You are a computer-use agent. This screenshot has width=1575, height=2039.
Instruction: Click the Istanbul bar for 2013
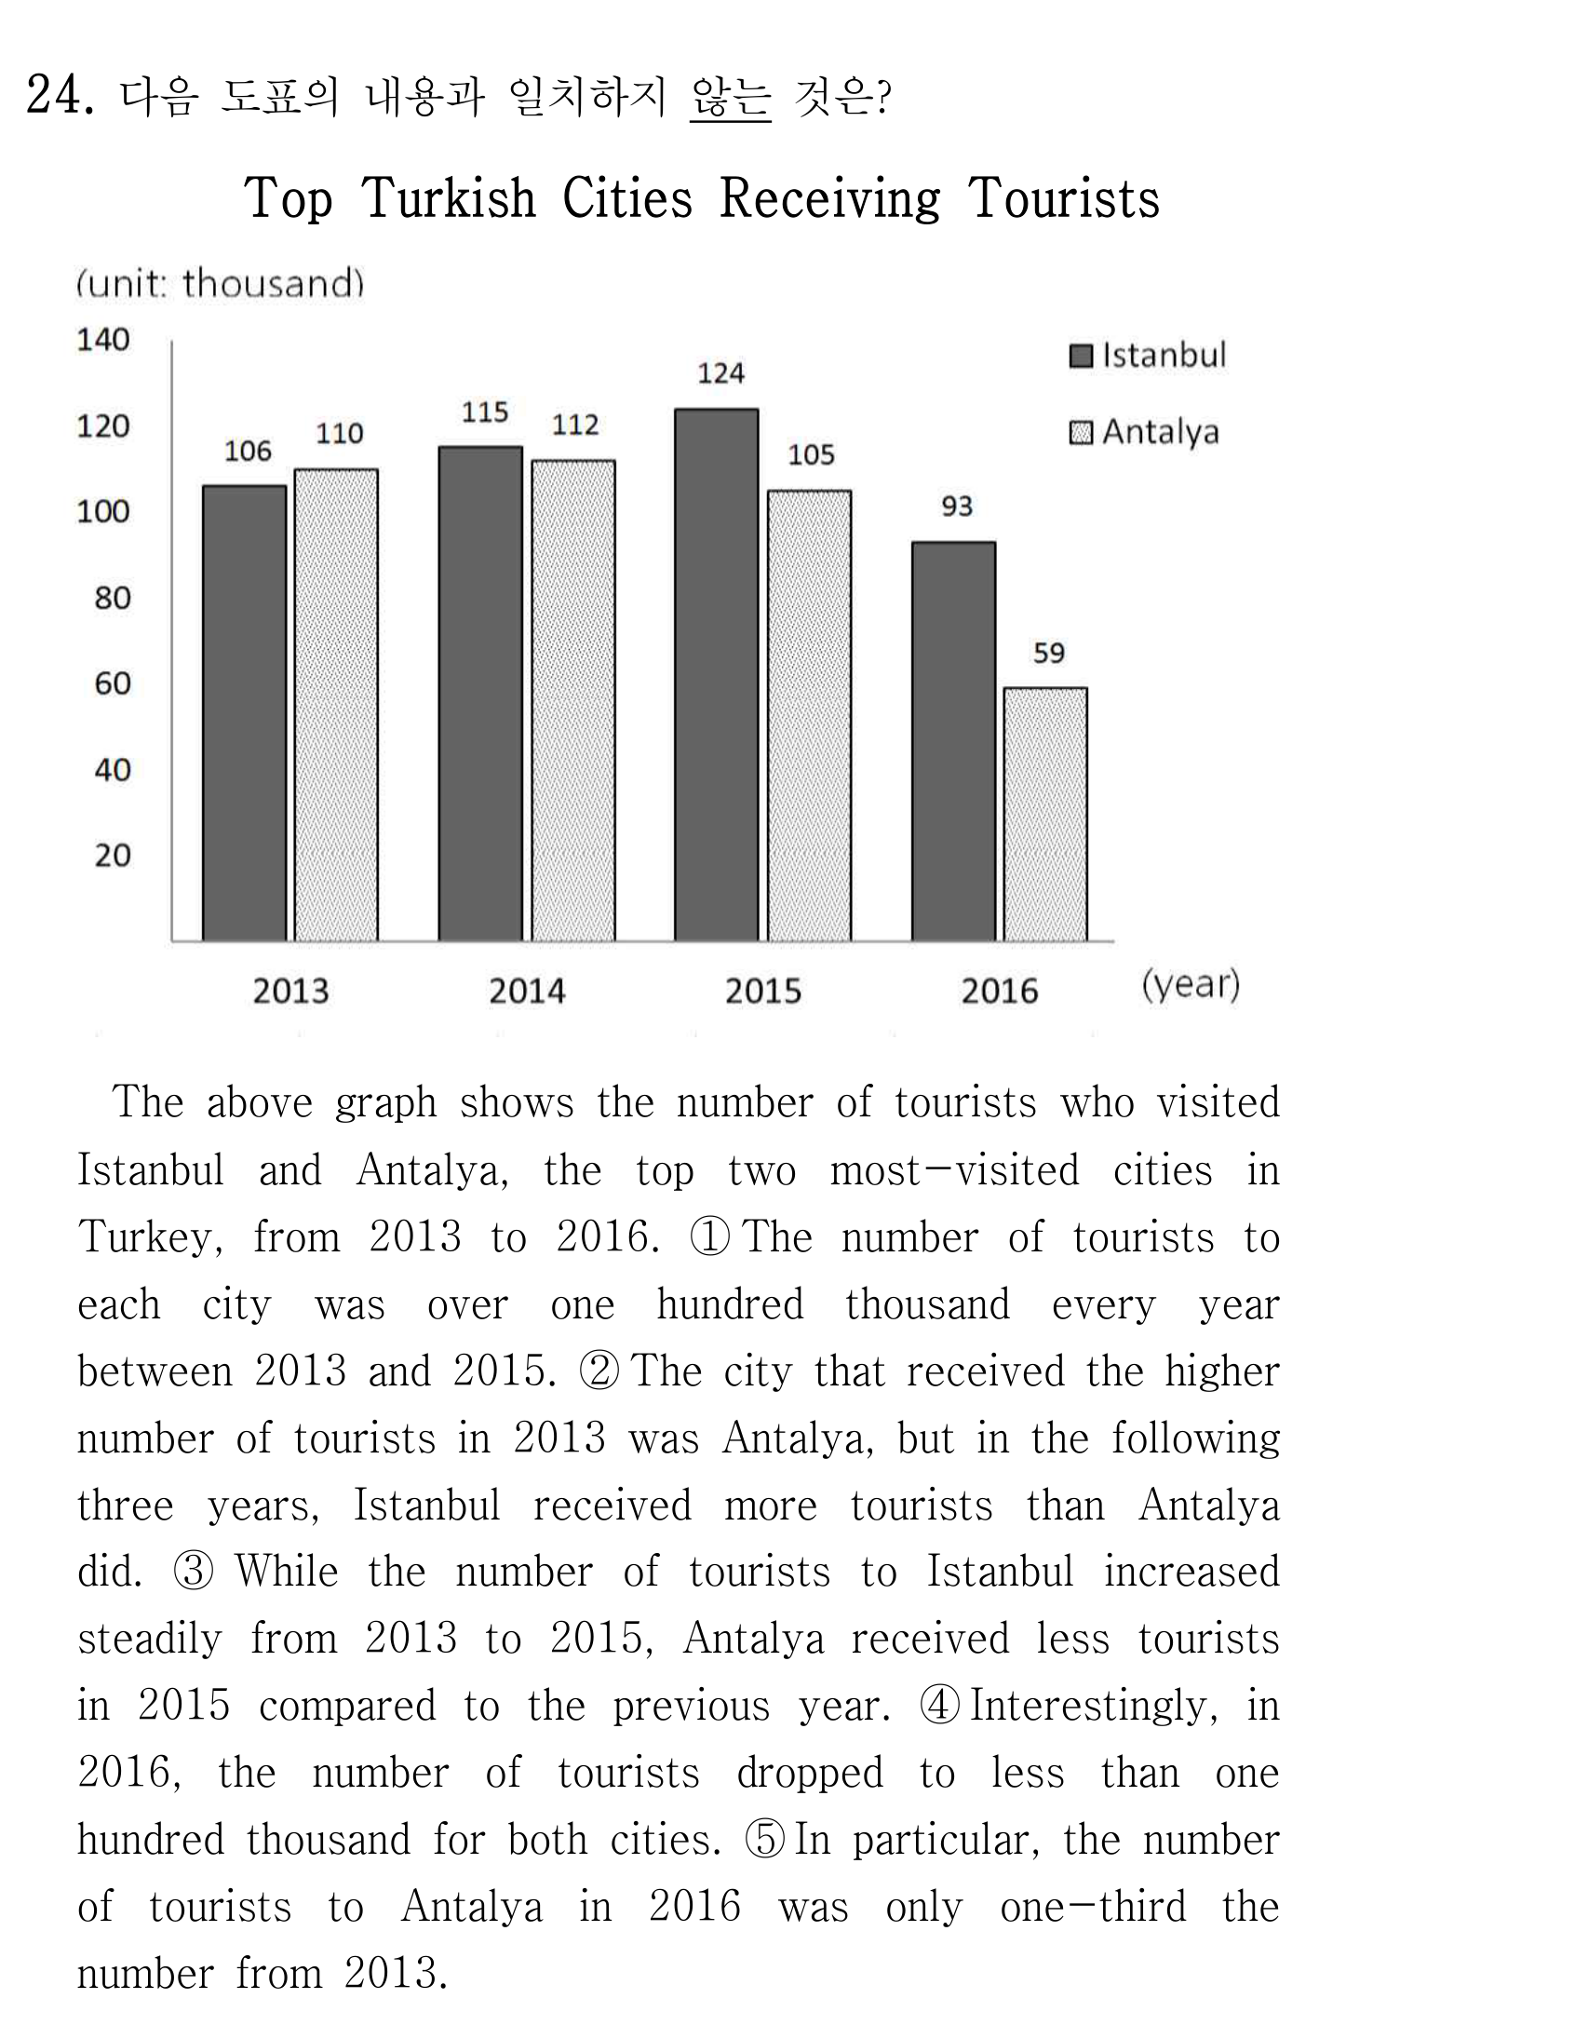coord(245,713)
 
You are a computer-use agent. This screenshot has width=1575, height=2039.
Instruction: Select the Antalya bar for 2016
coord(1045,814)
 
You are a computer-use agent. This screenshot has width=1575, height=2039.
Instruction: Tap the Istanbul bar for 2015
coord(717,675)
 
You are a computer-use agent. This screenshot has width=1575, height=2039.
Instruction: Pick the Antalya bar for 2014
coord(573,700)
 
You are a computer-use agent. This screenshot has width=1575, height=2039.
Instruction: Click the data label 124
coord(720,373)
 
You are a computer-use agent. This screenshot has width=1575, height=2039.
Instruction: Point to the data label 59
coord(1048,653)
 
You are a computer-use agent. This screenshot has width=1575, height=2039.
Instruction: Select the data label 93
coord(957,506)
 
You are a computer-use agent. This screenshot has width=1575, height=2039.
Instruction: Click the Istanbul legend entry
coord(1148,355)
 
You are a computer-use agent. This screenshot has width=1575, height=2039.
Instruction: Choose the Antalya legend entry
coord(1145,432)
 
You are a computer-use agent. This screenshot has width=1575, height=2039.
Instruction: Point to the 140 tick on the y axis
coord(102,339)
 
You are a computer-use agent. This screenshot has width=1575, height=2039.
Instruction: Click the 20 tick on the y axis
coord(112,856)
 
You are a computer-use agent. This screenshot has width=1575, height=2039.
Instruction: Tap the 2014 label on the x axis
coord(527,991)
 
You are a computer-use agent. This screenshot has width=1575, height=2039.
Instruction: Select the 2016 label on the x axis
coord(999,991)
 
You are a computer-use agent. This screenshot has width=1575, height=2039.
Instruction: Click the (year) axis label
coord(1191,985)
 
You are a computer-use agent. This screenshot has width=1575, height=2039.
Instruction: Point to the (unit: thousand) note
coord(221,283)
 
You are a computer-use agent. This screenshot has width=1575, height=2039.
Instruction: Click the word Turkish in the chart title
coord(448,198)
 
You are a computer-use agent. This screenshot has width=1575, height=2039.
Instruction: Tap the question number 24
coord(60,94)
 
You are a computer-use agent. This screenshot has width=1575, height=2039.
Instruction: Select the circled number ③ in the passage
coord(194,1573)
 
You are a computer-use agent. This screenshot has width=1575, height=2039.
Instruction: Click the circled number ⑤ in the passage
coord(764,1840)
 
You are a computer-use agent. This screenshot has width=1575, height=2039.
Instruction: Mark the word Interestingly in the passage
coord(1093,1707)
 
